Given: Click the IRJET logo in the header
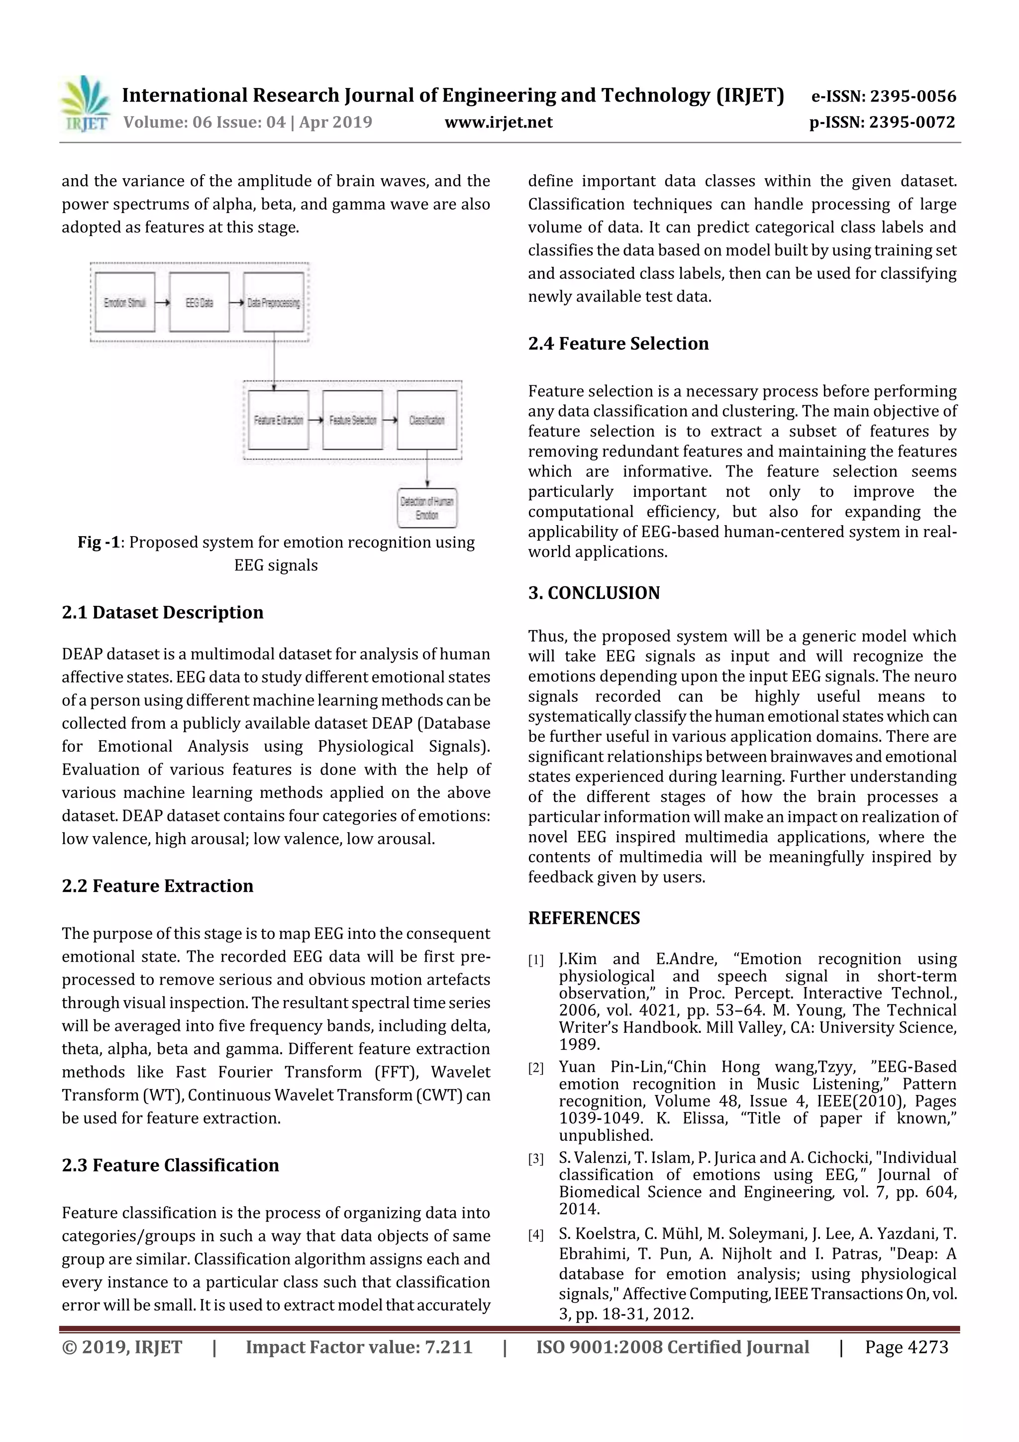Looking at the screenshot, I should (85, 104).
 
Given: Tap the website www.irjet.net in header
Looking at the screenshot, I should (498, 122).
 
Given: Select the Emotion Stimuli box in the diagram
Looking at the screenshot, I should (125, 302).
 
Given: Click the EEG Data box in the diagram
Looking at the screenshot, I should (199, 302).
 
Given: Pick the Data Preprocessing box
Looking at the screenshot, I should (273, 302).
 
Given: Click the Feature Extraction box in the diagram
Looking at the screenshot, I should (278, 420).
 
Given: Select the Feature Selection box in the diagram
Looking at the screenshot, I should (352, 420).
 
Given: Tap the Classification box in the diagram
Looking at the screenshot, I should (427, 420).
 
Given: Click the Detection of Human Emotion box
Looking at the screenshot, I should (427, 508).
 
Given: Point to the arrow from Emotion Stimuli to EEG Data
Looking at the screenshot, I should (162, 303).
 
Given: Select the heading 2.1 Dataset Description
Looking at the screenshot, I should (163, 612).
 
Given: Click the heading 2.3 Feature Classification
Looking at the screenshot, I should (170, 1165).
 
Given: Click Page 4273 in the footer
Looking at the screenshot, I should (906, 1347).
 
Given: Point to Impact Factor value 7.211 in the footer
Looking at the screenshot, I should (359, 1347).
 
